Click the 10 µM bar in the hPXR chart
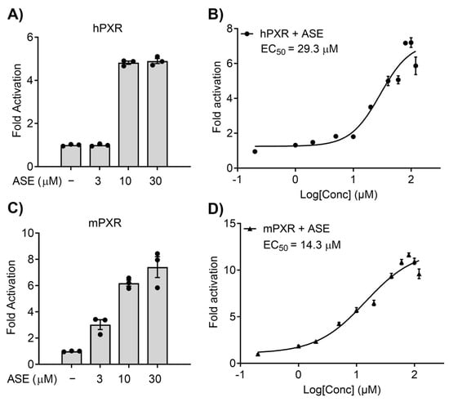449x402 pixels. point(128,114)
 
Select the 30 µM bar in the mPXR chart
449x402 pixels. point(158,315)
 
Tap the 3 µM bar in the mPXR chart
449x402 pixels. point(100,345)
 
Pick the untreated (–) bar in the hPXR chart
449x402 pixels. point(71,156)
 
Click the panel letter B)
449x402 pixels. point(216,14)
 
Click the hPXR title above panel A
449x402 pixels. point(108,29)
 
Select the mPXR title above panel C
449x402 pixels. point(104,223)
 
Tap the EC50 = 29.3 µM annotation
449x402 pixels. point(300,49)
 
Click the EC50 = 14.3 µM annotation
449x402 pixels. point(302,245)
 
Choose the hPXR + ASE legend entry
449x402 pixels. point(282,33)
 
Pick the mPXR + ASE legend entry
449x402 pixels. point(287,229)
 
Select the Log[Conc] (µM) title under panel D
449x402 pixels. point(341,390)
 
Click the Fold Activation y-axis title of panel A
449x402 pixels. point(17,100)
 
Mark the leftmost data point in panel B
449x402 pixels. point(255,152)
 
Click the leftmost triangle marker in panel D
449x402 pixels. point(258,354)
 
